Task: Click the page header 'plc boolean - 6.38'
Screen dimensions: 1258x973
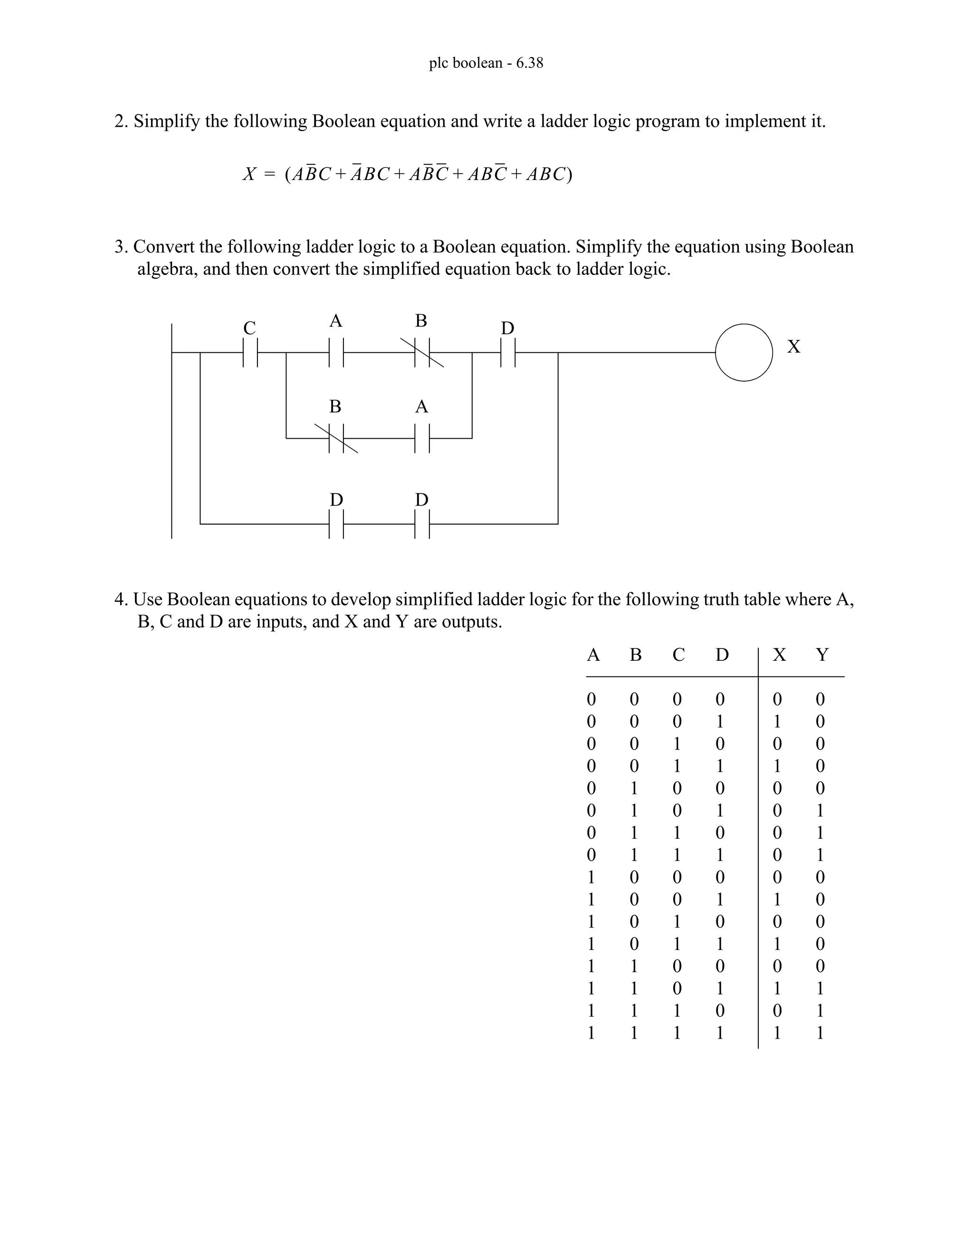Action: (x=486, y=63)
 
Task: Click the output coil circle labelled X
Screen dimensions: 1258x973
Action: (x=744, y=353)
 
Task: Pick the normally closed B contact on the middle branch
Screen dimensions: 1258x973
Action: (x=336, y=438)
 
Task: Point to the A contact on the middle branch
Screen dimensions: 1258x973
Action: (x=422, y=438)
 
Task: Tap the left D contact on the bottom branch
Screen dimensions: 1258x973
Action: (x=336, y=524)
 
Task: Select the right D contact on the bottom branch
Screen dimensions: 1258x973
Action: (x=422, y=524)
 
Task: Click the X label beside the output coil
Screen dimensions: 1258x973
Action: (x=794, y=347)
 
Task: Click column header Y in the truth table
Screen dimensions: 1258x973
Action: (x=822, y=655)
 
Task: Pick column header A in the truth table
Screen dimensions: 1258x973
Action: (x=592, y=655)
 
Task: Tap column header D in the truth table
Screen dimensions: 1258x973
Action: (x=722, y=655)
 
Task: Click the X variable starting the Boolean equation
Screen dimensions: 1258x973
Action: (x=249, y=174)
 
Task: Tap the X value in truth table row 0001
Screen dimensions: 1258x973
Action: (x=777, y=722)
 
